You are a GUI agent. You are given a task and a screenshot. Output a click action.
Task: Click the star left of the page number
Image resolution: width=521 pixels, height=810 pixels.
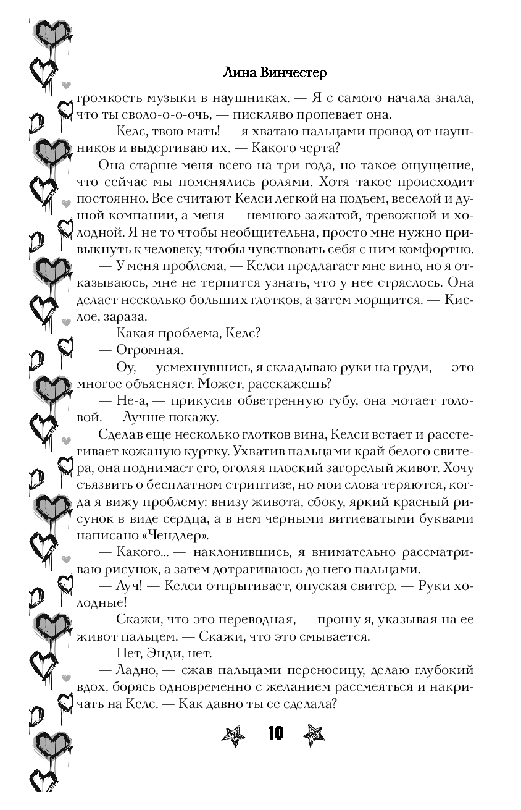[233, 735]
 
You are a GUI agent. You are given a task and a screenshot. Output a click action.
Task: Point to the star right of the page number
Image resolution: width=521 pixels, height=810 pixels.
[314, 735]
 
